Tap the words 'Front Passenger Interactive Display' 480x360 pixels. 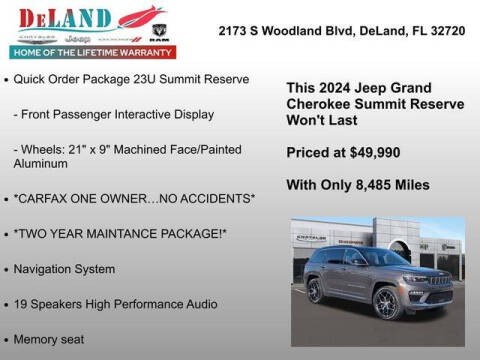(117, 114)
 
